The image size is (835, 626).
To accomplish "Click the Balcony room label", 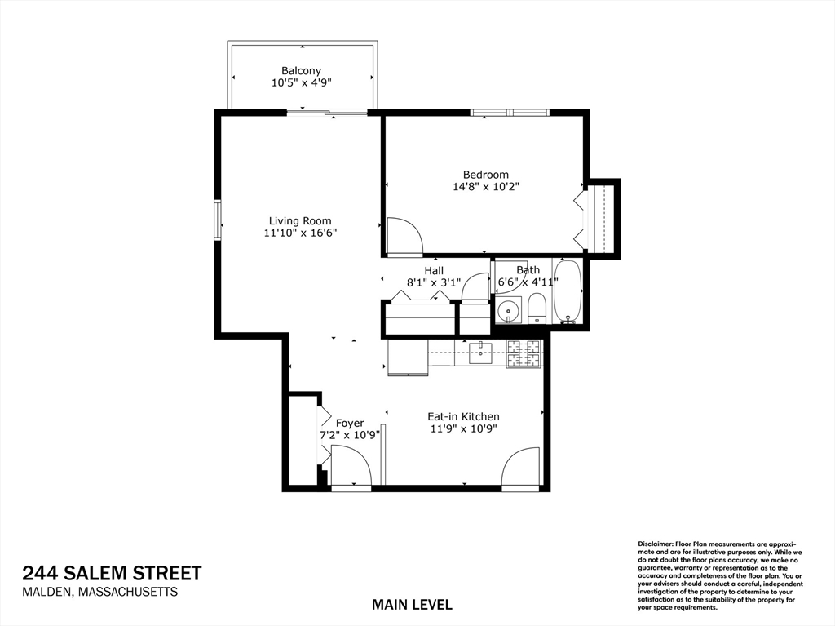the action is tap(302, 70).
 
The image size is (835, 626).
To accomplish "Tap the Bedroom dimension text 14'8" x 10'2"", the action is tap(486, 187).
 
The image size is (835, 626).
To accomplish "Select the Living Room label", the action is tap(300, 220).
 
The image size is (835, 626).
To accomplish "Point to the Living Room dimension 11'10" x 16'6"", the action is tap(300, 233).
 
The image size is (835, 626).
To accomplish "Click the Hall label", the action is tap(434, 270).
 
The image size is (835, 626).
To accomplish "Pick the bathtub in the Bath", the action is tap(568, 291).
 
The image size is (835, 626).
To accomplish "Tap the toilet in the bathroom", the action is tap(537, 309).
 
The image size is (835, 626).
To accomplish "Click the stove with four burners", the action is tap(524, 353).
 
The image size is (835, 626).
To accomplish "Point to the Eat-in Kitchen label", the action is tap(463, 416).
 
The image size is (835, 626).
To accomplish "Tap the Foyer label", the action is tap(350, 423).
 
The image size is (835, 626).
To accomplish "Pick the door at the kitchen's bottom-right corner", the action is tap(522, 466).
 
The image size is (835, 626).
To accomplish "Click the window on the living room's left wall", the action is tap(218, 220).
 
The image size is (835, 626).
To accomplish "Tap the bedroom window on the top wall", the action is tap(510, 112).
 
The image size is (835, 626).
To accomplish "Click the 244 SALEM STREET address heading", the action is tap(112, 573).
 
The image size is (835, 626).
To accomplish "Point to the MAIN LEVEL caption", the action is tap(412, 605).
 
